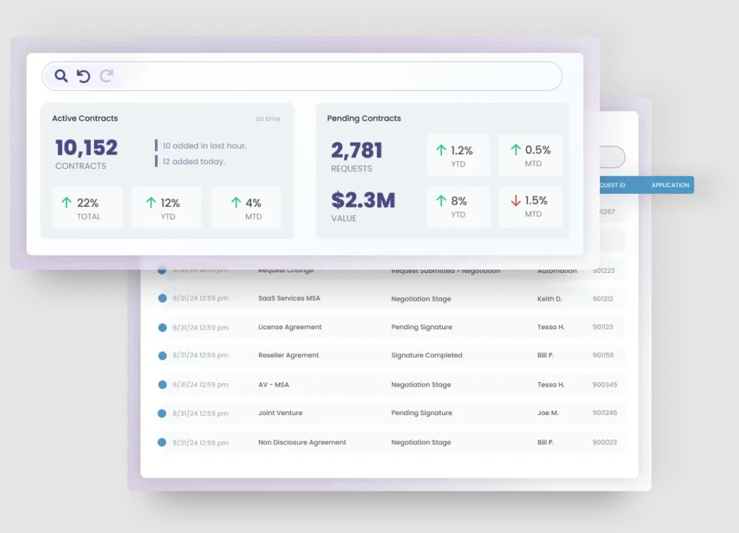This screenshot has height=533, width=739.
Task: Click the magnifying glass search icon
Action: pos(61,76)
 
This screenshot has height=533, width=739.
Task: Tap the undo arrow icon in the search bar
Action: pos(84,76)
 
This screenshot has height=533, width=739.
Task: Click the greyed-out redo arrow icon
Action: pos(106,76)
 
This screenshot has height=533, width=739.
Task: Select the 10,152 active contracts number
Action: pos(87,148)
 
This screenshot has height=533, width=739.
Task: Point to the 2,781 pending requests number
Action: pos(357,150)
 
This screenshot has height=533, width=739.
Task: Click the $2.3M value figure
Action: pos(363,200)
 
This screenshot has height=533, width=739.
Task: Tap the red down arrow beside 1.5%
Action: pos(515,200)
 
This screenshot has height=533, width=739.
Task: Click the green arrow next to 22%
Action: pos(67,202)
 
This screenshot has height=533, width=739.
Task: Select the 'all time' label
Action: pos(268,119)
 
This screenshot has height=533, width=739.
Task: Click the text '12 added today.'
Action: pos(194,162)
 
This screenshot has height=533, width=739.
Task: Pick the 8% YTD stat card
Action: pos(458,206)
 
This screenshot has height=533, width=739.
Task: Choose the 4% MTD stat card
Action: pos(246,208)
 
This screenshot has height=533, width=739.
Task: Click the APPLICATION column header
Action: pos(670,185)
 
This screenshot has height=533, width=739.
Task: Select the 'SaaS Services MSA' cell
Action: pos(289,299)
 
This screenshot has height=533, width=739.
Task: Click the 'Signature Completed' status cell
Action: pos(427,355)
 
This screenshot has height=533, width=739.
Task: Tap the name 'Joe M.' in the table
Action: pos(548,413)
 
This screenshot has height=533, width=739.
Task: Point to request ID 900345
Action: pos(604,384)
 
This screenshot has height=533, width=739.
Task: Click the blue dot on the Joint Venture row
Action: pos(162,414)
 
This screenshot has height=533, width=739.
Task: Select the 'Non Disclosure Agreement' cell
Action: pos(302,442)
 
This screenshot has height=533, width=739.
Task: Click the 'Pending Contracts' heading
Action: pos(364,119)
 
